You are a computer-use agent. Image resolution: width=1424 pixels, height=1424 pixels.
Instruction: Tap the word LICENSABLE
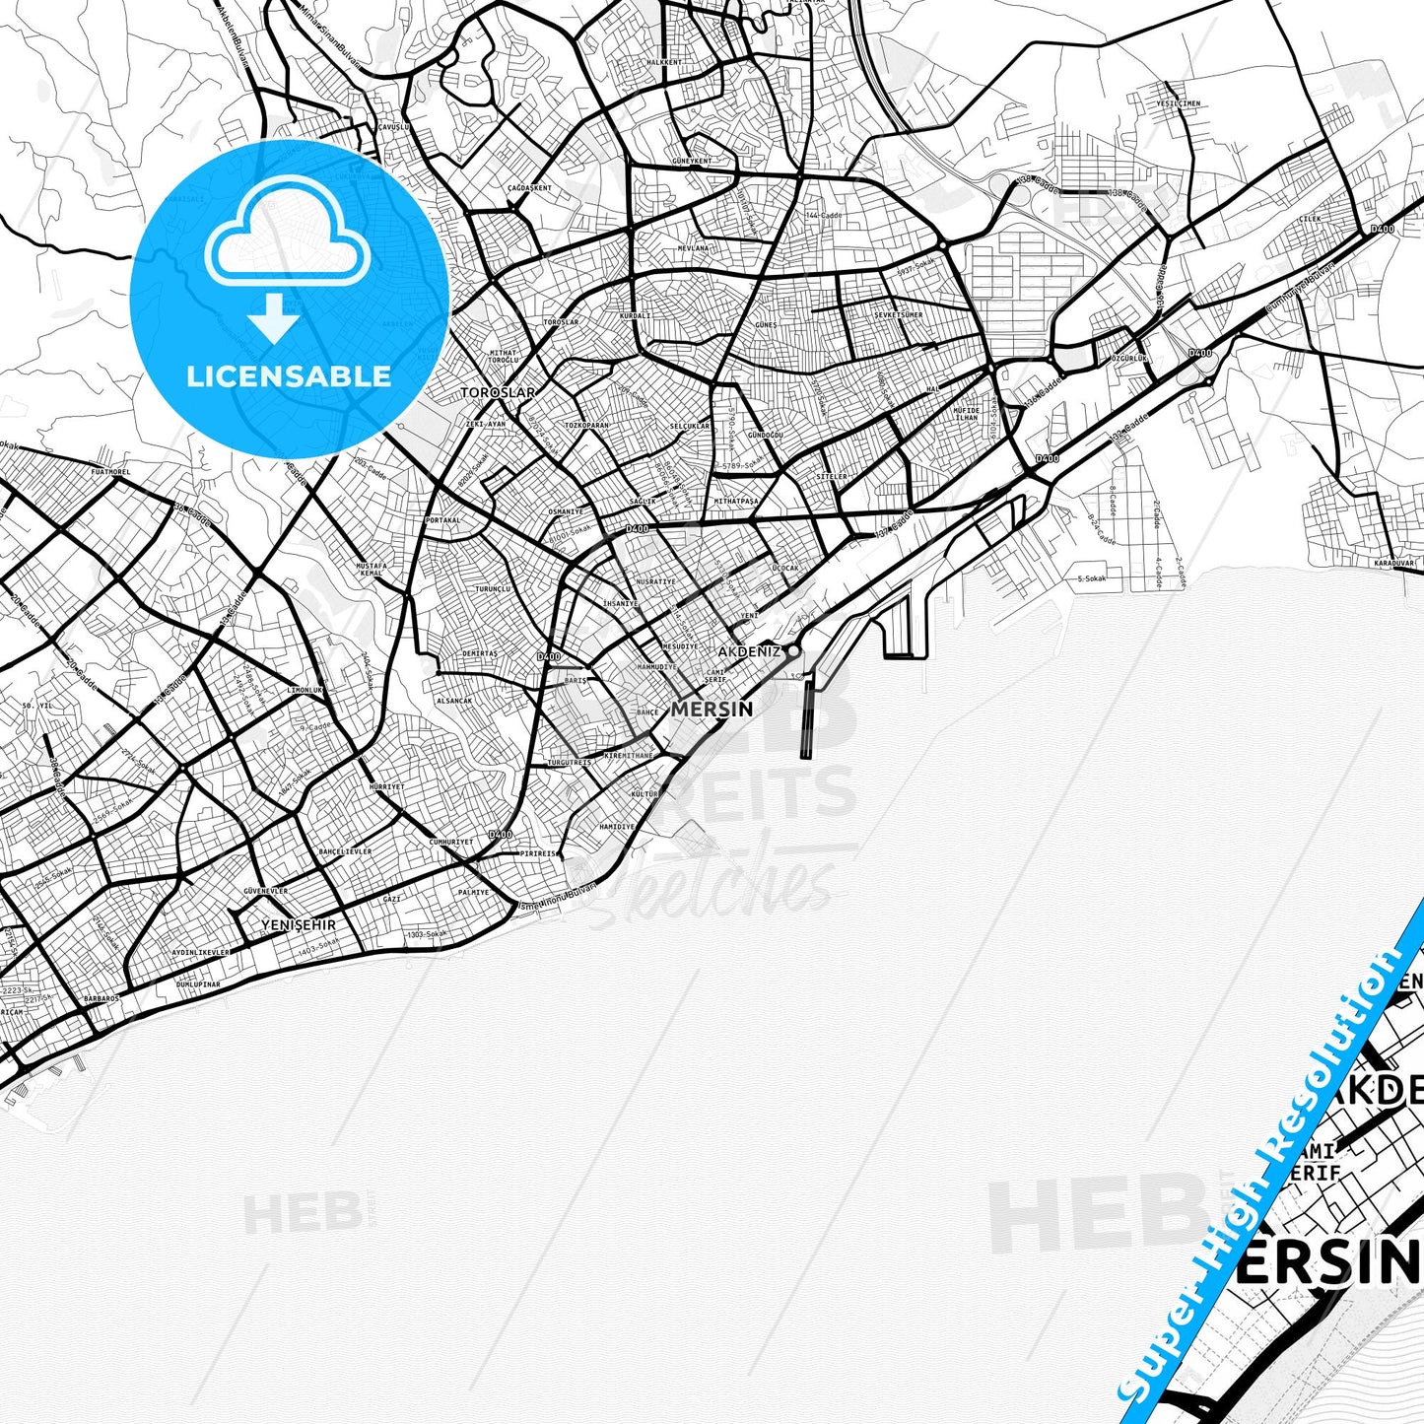[289, 376]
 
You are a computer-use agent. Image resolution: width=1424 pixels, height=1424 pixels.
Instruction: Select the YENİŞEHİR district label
[299, 925]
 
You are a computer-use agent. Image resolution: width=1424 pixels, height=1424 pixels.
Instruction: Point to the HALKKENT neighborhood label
[662, 62]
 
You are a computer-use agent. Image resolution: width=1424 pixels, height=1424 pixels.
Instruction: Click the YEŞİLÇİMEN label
[1179, 103]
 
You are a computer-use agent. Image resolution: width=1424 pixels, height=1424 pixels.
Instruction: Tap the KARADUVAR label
[1393, 563]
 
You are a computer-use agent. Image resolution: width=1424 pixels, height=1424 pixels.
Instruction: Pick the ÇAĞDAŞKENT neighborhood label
[530, 187]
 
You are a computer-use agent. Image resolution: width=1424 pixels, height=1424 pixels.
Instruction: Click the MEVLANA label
[693, 248]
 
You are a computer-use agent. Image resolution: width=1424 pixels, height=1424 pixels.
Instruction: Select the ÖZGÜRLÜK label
[1129, 359]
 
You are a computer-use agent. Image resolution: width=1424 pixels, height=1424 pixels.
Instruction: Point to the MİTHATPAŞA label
[736, 501]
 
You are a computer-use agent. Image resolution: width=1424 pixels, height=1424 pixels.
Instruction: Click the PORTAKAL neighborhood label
[442, 519]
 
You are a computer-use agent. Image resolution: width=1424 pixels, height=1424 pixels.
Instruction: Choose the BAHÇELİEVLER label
[345, 850]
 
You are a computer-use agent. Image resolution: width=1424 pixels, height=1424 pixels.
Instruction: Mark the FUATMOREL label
[109, 472]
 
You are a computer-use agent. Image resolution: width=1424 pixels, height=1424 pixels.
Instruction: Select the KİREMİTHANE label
[629, 755]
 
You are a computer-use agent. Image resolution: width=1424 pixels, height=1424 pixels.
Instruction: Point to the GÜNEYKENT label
[691, 161]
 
